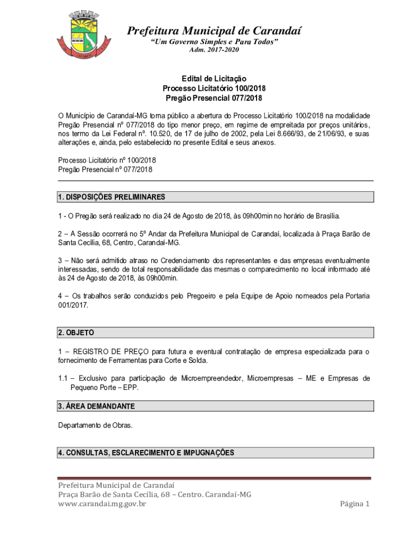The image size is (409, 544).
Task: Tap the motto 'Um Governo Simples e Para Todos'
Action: pos(214,42)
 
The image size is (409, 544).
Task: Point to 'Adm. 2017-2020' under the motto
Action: pos(214,50)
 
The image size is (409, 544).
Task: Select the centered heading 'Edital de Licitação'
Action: pos(214,79)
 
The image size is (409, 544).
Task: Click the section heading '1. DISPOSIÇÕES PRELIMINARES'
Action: pos(112,197)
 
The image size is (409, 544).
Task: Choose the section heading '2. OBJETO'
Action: pos(76,333)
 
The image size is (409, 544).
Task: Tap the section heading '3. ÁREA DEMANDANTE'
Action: pos(96,406)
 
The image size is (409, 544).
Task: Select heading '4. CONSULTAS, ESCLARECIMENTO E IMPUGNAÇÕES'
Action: pos(146,453)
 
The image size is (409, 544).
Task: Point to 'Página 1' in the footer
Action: pos(354,504)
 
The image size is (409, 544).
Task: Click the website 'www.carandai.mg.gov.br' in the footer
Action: pos(102,504)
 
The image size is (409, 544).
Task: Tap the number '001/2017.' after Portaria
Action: pos(73,305)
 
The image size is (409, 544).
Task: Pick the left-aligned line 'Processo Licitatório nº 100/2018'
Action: pos(107,160)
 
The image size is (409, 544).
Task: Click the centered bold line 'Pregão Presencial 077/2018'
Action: pos(214,98)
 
